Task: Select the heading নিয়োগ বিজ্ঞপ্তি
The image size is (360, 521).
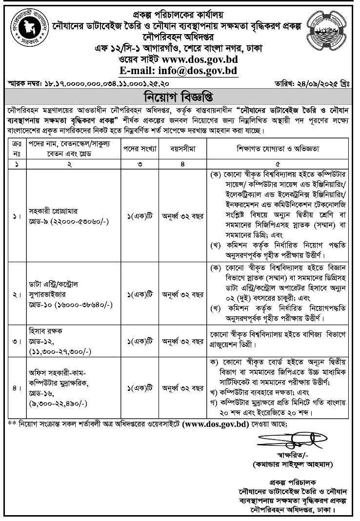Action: coord(180,95)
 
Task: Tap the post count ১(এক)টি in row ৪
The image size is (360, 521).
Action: coord(140,388)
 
